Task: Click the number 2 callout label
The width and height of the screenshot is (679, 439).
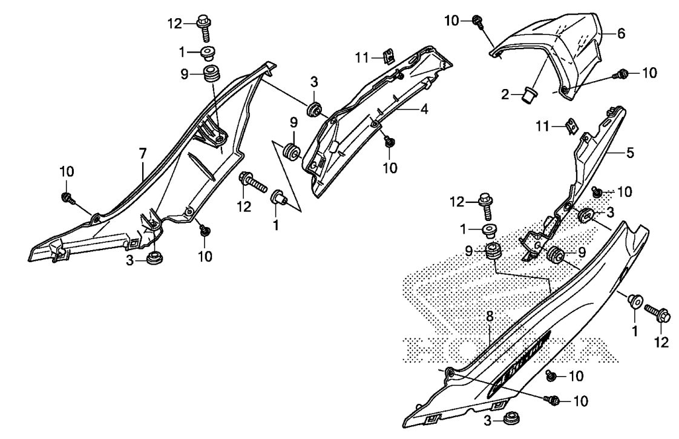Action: click(x=505, y=94)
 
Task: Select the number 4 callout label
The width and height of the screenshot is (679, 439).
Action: click(x=424, y=109)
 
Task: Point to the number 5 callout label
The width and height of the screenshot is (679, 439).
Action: click(x=630, y=153)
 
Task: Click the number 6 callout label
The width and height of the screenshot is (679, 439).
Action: click(x=621, y=33)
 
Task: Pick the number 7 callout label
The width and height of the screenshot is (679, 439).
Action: click(x=142, y=153)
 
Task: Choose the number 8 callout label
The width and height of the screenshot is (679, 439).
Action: click(x=490, y=317)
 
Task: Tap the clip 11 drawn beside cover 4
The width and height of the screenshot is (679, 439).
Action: click(x=389, y=56)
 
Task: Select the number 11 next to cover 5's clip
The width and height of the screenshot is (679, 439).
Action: click(x=543, y=127)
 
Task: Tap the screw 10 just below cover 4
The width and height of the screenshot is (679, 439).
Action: click(x=389, y=141)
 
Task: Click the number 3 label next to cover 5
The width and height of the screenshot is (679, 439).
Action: click(x=611, y=213)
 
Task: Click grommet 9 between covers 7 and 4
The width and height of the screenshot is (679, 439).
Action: click(x=292, y=152)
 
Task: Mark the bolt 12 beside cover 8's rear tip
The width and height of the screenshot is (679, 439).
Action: click(x=657, y=313)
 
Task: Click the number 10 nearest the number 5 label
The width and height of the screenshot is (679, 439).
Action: click(x=624, y=191)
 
